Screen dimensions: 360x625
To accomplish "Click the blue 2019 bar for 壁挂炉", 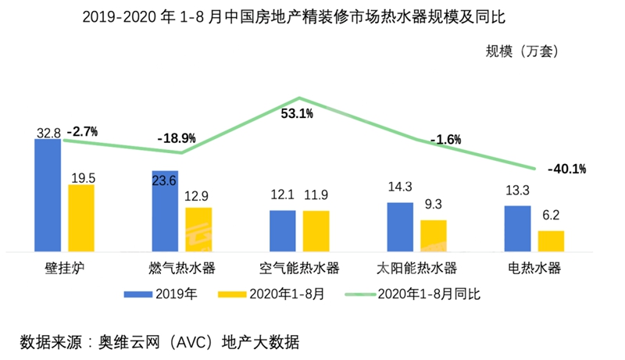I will pos(48,195).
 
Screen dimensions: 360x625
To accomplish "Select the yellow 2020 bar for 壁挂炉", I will pos(81,218).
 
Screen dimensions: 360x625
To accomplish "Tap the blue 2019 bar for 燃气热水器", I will pos(165,211).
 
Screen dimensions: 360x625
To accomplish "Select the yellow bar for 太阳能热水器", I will pos(434,235).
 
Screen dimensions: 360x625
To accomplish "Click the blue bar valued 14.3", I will pos(400,226).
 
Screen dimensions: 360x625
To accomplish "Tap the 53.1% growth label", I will pos(298,114).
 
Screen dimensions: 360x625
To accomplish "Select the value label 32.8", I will pos(48,133).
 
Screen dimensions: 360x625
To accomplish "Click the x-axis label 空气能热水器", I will pos(300,269).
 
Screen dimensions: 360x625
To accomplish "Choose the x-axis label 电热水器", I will pos(534,269).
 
